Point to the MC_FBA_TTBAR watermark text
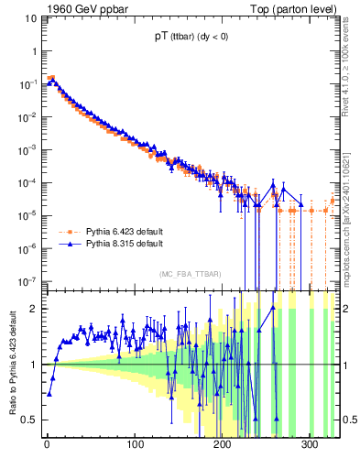click(x=190, y=274)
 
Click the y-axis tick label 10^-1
click(x=27, y=84)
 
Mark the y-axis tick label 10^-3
click(x=27, y=149)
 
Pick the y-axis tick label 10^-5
click(x=27, y=215)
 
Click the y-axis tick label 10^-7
click(x=27, y=280)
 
